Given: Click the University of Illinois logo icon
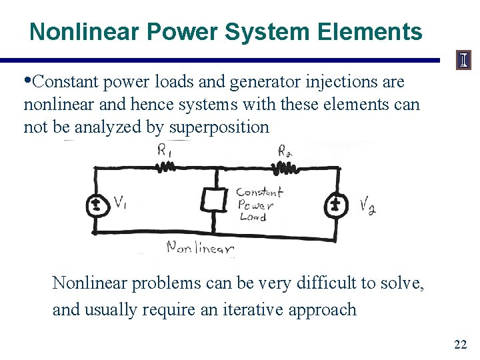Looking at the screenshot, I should coord(463,61).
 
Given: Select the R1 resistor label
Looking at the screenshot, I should coord(164,151).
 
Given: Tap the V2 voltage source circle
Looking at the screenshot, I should coord(336,205).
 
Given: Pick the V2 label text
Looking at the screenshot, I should coord(367,206).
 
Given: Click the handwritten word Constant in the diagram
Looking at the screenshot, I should coord(259,192).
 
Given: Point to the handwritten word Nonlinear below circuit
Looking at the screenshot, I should coord(200,248).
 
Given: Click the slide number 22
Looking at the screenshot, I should coord(460,344).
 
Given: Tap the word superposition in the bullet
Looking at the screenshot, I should coord(219,127).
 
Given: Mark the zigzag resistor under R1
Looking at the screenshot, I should coord(166,167).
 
